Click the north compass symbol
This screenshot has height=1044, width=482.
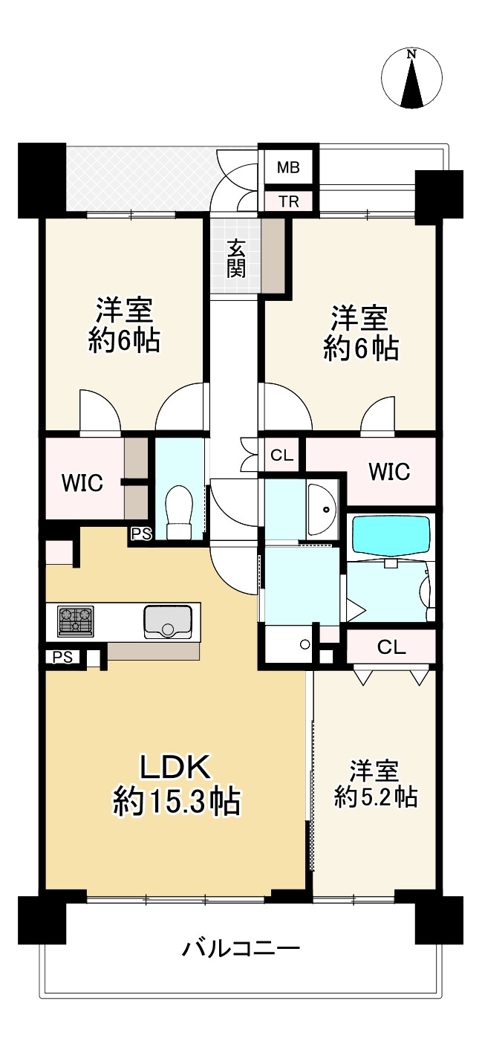(x=411, y=78)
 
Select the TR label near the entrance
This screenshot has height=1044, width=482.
(x=288, y=201)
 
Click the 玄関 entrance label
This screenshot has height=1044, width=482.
(x=236, y=257)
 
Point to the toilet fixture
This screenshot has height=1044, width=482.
(x=179, y=513)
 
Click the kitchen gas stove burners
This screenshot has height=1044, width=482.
(x=76, y=620)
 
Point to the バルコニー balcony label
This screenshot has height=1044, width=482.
(x=241, y=949)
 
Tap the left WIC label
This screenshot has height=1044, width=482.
(x=82, y=482)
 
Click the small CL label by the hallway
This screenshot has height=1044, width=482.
(x=281, y=456)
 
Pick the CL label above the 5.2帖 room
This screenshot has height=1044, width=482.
(x=391, y=646)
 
